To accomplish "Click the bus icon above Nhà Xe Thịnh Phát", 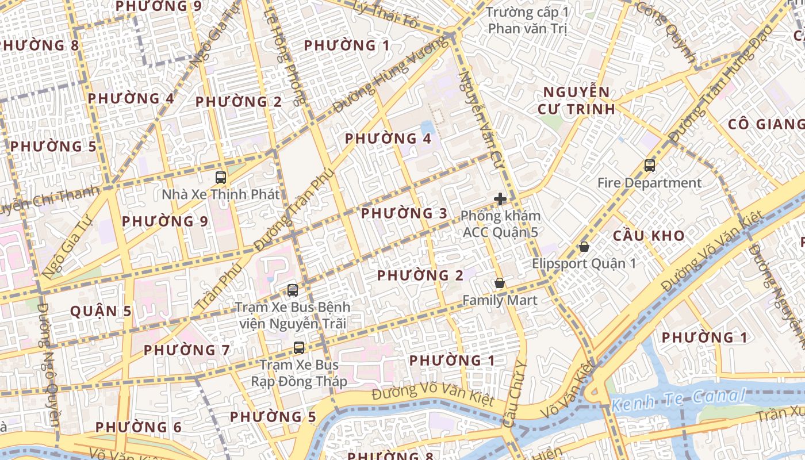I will pyautogui.click(x=220, y=177).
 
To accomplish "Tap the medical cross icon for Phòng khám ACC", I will pyautogui.click(x=500, y=199).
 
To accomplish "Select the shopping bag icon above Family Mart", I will pyautogui.click(x=500, y=283).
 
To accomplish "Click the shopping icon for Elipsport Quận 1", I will pyautogui.click(x=584, y=247).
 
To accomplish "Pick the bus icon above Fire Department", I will pyautogui.click(x=650, y=166).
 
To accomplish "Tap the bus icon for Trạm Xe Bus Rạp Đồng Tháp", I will pyautogui.click(x=299, y=347).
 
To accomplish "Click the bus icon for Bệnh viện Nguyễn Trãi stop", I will pyautogui.click(x=293, y=290).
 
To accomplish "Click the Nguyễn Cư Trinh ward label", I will pyautogui.click(x=577, y=101).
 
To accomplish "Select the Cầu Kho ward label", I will pyautogui.click(x=649, y=236).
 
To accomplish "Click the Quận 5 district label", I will pyautogui.click(x=101, y=311).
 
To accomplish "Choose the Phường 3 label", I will pyautogui.click(x=404, y=213).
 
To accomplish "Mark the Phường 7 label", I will pyautogui.click(x=187, y=350).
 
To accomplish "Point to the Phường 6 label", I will pyautogui.click(x=139, y=427).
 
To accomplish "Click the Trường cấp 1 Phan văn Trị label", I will pyautogui.click(x=527, y=20).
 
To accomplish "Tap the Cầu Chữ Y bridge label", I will pyautogui.click(x=513, y=394).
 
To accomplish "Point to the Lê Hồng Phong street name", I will pyautogui.click(x=286, y=57).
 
